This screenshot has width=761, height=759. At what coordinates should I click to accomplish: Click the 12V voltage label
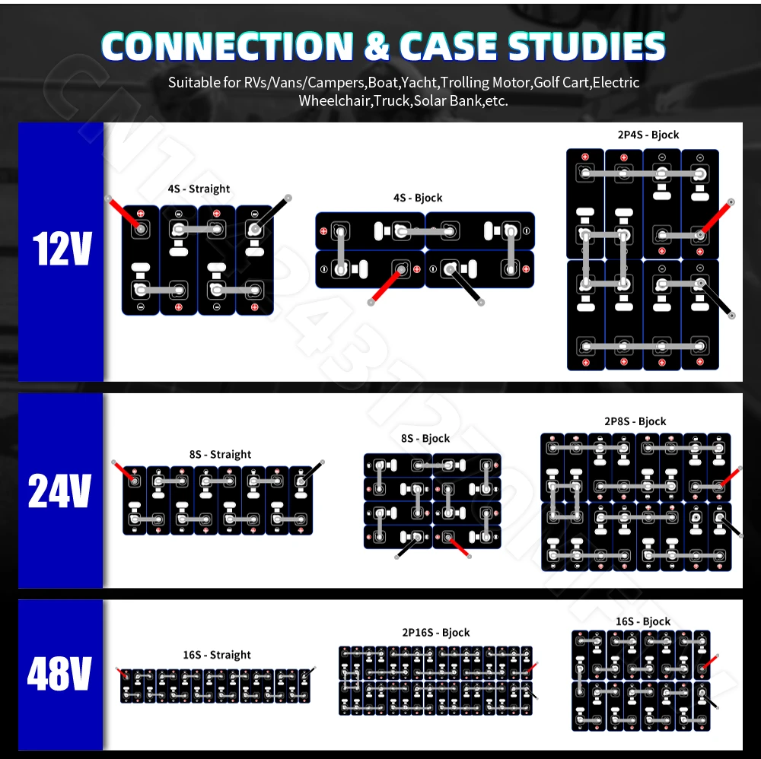pos(62,249)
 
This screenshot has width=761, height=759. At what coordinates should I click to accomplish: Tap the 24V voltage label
pos(59,491)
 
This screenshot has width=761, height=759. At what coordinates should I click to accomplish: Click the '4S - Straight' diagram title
pos(199,189)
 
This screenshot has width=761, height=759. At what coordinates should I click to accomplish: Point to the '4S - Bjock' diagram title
pos(417,198)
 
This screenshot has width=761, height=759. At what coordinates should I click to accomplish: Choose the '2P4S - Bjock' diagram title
pos(648,135)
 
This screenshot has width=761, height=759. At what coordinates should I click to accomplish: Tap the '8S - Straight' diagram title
pos(220,454)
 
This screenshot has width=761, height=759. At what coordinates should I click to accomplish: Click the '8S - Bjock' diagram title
pos(425,438)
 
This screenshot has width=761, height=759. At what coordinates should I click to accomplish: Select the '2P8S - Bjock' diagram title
pos(635,421)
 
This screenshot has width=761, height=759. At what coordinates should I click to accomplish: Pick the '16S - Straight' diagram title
pos(216,655)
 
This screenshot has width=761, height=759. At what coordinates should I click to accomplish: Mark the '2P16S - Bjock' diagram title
pos(435,633)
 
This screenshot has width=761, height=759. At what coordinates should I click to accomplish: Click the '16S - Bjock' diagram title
pos(642,621)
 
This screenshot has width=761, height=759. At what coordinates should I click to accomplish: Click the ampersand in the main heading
pos(376,47)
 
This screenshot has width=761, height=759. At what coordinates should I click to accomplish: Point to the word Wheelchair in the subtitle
pos(329,100)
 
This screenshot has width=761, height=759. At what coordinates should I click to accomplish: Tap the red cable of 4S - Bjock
pos(385,286)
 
